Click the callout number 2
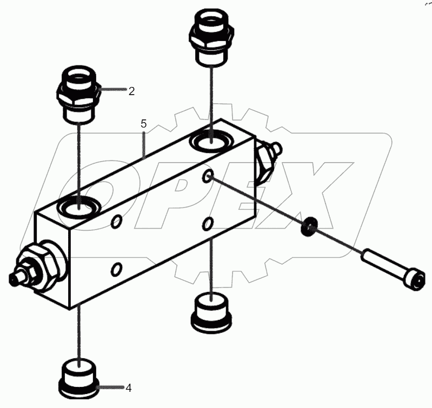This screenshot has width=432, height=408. pyautogui.click(x=131, y=91)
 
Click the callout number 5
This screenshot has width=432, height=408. pyautogui.click(x=143, y=124)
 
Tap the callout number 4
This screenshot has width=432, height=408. pyautogui.click(x=129, y=387)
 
